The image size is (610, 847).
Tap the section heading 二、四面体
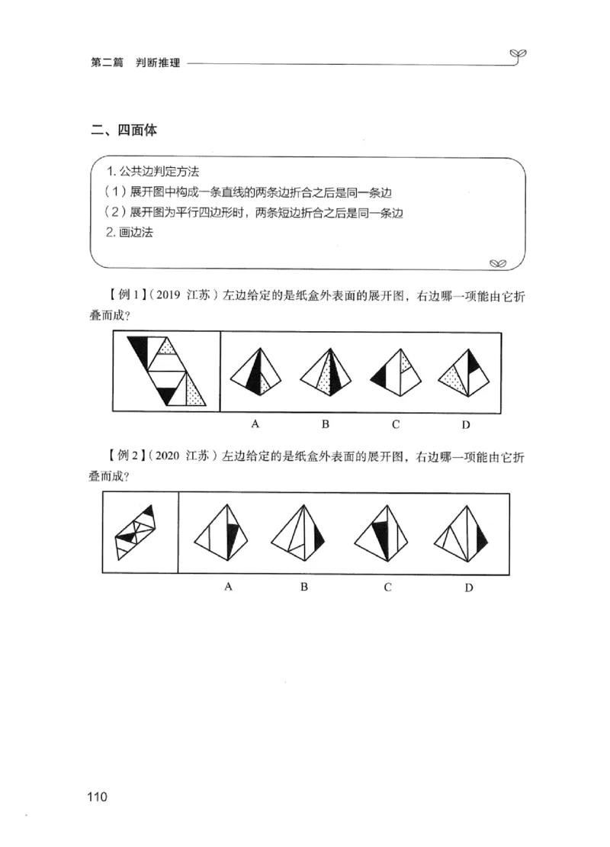tap(123, 130)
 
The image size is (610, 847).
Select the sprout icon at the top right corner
tap(519, 54)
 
